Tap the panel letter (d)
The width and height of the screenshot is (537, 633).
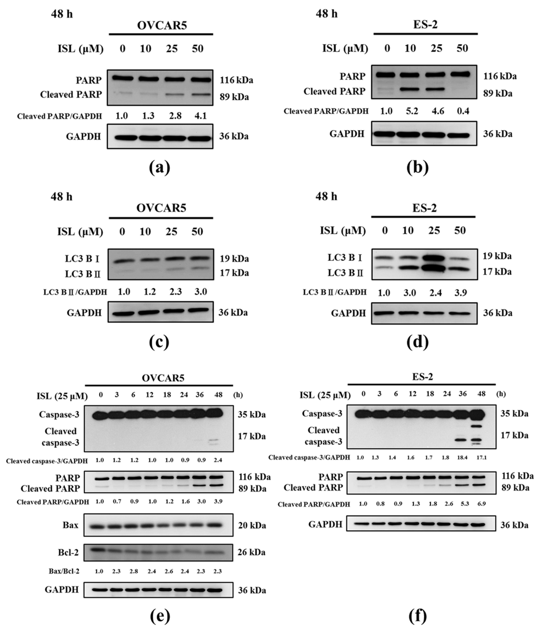pyautogui.click(x=417, y=342)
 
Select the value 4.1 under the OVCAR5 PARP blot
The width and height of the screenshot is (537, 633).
pyautogui.click(x=201, y=116)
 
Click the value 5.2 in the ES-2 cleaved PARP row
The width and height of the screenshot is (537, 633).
pyautogui.click(x=412, y=111)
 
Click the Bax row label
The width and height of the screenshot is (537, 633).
pyautogui.click(x=70, y=525)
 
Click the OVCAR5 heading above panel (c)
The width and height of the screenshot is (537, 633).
pyautogui.click(x=161, y=208)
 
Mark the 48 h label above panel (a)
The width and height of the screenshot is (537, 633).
pyautogui.click(x=62, y=14)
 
